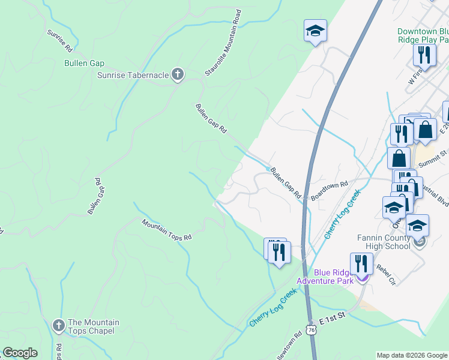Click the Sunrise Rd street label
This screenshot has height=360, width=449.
point(59,37)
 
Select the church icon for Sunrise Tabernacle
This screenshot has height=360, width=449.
point(177,74)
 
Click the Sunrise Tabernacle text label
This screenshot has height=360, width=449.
point(133,75)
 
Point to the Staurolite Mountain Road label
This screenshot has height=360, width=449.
point(223,43)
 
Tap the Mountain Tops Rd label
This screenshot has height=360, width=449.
point(166,229)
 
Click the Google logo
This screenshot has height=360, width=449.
point(20,353)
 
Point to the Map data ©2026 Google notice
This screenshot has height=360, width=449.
point(411,355)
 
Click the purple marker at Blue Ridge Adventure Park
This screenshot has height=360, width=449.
point(363,277)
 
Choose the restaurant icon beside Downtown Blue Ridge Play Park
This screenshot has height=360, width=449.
point(424,55)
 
